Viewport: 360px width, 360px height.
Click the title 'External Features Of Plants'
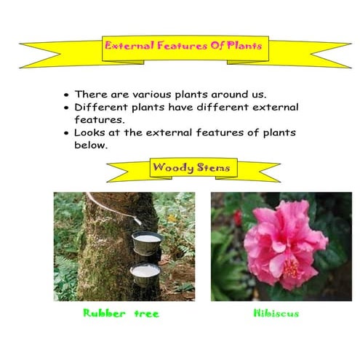[x=183, y=45]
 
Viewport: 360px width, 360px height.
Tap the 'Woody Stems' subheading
[x=191, y=169]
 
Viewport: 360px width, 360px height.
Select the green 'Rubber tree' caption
[x=121, y=313]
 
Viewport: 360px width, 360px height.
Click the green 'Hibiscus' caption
[x=276, y=313]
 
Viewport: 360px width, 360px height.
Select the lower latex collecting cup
[x=145, y=273]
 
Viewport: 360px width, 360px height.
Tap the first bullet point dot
[x=67, y=95]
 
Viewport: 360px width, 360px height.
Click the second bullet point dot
[x=67, y=108]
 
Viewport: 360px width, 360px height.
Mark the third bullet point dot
[x=67, y=134]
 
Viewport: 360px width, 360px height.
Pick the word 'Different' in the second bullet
[x=102, y=108]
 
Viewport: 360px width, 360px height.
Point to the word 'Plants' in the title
[x=244, y=45]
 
